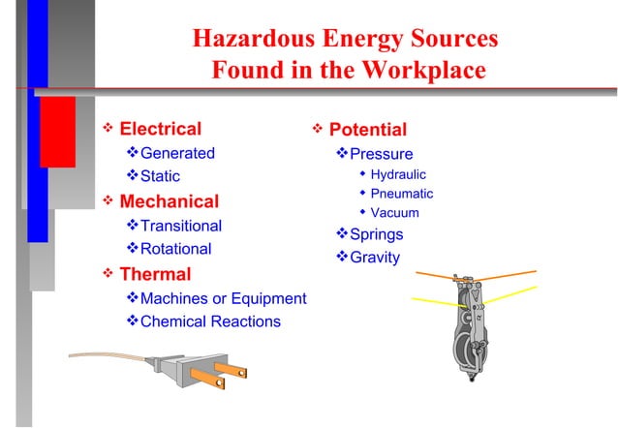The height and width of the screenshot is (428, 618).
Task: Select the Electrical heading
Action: [161, 129]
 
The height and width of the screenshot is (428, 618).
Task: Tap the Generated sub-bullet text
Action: [177, 153]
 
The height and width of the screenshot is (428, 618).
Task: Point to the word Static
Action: [160, 177]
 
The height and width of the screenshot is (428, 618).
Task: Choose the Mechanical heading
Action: [169, 202]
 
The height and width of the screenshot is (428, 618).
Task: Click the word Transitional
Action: [181, 226]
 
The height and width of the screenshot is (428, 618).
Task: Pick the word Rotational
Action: [175, 249]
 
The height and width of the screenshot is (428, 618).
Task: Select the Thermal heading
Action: [155, 274]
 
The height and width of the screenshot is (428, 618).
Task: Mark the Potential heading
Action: [368, 130]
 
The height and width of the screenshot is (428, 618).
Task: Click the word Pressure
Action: [381, 154]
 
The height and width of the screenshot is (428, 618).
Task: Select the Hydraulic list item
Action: [398, 174]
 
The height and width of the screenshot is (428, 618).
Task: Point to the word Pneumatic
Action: [402, 194]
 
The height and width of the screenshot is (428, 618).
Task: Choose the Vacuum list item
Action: [394, 213]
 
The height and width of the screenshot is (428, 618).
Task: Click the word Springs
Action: [376, 234]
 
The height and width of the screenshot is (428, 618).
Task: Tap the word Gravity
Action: [374, 258]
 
